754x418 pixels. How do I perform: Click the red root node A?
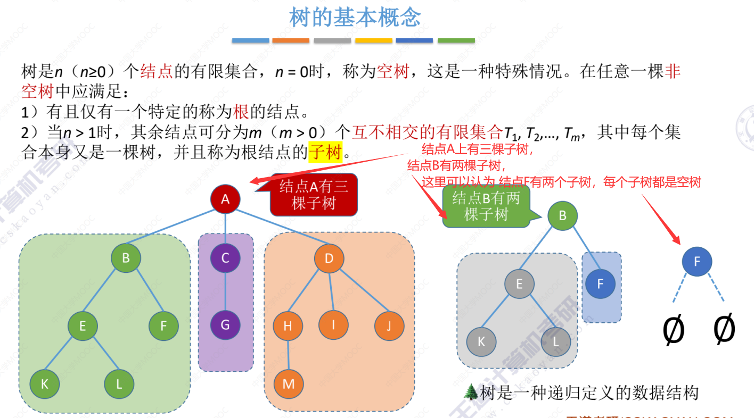(x=225, y=199)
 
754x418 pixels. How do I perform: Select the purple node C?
(x=225, y=258)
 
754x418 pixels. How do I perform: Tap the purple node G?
(x=225, y=324)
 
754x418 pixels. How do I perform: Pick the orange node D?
(x=329, y=259)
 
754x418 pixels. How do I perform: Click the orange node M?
(x=289, y=383)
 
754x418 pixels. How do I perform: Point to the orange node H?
(x=288, y=325)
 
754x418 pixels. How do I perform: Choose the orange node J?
(x=389, y=325)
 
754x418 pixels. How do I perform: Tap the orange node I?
(x=333, y=324)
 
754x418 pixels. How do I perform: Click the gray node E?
(x=519, y=283)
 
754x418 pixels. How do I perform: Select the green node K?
(x=45, y=383)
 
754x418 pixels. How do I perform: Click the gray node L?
(x=556, y=341)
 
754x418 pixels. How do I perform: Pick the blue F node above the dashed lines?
(x=696, y=261)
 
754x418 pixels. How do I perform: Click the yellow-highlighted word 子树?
(x=325, y=153)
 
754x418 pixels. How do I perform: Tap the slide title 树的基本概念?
(x=355, y=18)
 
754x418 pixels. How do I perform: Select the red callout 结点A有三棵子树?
(x=314, y=195)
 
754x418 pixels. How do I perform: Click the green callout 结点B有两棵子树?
(x=485, y=206)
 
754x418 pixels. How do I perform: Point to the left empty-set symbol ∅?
(x=673, y=329)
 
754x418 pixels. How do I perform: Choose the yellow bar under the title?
(x=373, y=40)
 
